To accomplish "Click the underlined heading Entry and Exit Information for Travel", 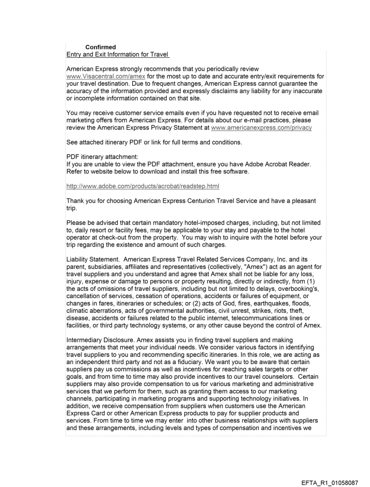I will (118, 55).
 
